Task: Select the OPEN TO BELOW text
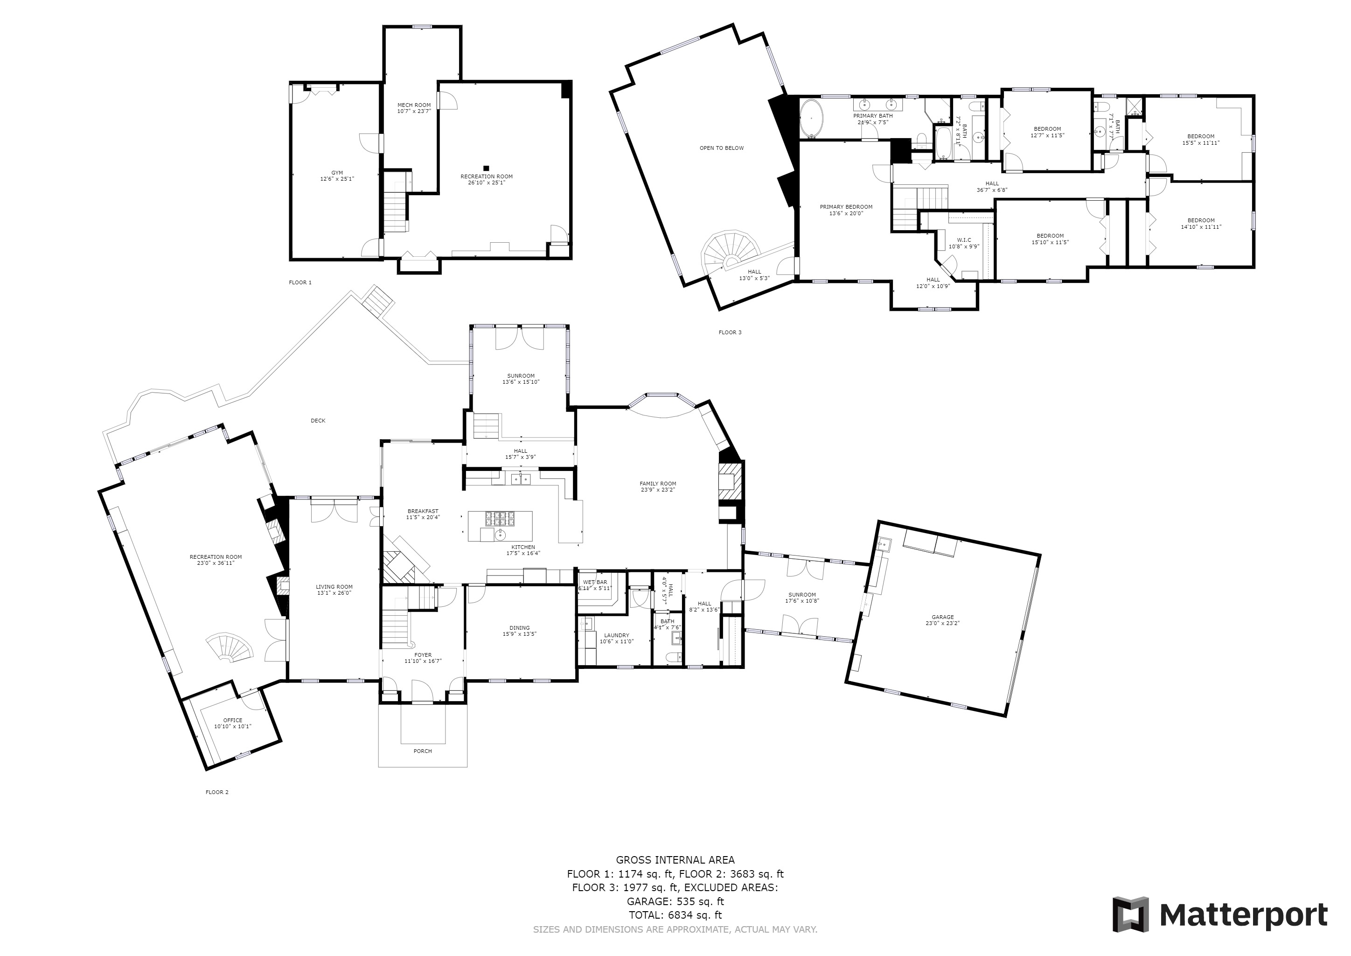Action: pos(721,148)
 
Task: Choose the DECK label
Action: pos(318,420)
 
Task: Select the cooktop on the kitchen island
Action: pos(500,519)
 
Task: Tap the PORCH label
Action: pos(423,751)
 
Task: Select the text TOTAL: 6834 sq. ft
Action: pos(675,915)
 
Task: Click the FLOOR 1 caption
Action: pos(300,282)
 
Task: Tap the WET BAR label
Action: pos(595,582)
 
